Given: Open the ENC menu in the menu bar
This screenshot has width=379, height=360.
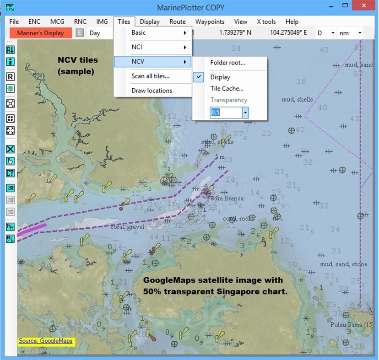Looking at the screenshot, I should (34, 21).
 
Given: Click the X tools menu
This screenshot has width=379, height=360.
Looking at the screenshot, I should (266, 21).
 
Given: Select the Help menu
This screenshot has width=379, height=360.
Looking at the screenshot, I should (292, 21).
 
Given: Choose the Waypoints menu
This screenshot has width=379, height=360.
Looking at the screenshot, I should (210, 21).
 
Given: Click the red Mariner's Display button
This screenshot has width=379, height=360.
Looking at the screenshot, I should (41, 33).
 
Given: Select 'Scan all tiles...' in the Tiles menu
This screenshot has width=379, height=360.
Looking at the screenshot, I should (150, 76).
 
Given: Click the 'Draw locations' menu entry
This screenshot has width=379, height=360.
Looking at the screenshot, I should (152, 91).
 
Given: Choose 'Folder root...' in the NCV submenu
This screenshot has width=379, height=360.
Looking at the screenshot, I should (227, 63).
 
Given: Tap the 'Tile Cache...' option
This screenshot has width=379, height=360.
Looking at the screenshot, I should (227, 89).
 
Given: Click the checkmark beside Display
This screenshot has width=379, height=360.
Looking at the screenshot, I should (200, 77).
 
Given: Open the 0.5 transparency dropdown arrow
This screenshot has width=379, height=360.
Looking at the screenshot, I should (245, 112).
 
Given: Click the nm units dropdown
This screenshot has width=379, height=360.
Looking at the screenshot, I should (351, 33).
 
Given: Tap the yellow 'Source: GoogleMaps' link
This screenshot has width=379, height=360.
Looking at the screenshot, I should (45, 341).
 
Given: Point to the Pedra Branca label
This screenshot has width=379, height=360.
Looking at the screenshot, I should (225, 199).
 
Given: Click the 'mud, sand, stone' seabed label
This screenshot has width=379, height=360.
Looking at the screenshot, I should (343, 264).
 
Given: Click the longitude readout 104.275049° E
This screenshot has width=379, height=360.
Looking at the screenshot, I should (288, 33).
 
